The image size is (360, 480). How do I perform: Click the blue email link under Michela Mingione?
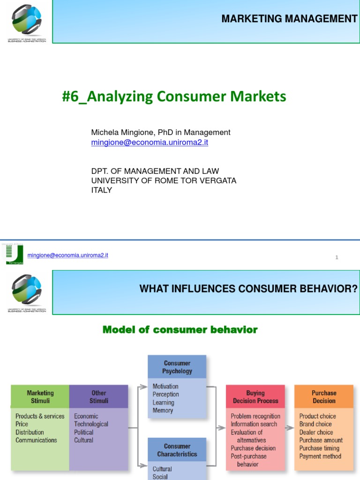150,142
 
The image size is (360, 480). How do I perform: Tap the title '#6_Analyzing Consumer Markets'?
174,97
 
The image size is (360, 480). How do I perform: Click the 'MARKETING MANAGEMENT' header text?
289,19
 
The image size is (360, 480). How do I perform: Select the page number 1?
337,257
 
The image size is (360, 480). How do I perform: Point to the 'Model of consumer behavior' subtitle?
180,330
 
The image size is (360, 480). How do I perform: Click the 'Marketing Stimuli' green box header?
40,397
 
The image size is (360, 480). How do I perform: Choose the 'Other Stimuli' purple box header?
99,397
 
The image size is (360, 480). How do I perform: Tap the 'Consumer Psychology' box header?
177,367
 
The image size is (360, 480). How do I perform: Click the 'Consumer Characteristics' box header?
177,450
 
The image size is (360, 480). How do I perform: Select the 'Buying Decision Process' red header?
255,397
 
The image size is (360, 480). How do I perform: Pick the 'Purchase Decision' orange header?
324,397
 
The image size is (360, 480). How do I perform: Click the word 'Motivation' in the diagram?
165,387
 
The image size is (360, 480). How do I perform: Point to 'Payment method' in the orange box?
320,456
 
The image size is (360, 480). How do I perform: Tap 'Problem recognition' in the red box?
255,416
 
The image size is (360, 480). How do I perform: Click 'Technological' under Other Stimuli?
91,424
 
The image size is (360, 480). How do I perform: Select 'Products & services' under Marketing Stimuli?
40,416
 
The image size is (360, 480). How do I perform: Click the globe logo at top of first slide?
27,20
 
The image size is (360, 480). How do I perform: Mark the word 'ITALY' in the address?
101,190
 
